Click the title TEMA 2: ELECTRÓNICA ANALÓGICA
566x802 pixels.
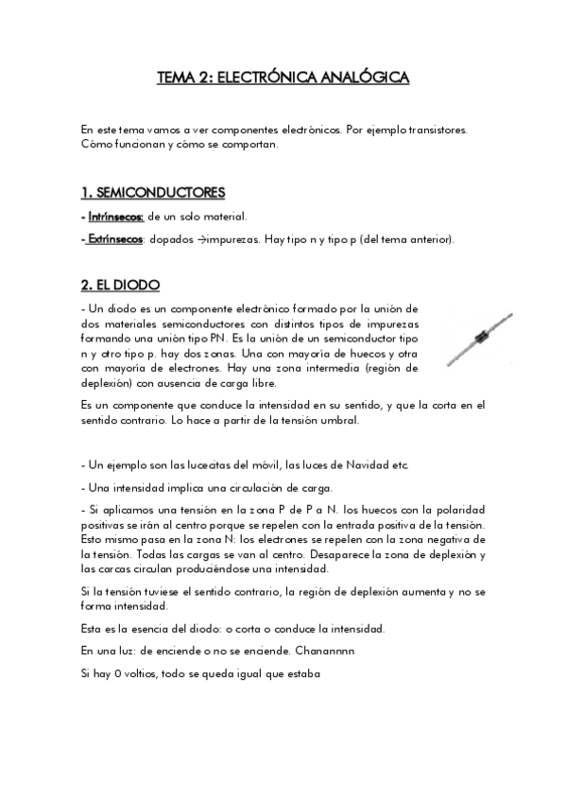(x=283, y=78)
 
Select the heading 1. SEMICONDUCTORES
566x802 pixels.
(x=153, y=192)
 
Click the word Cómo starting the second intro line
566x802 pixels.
(x=97, y=144)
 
